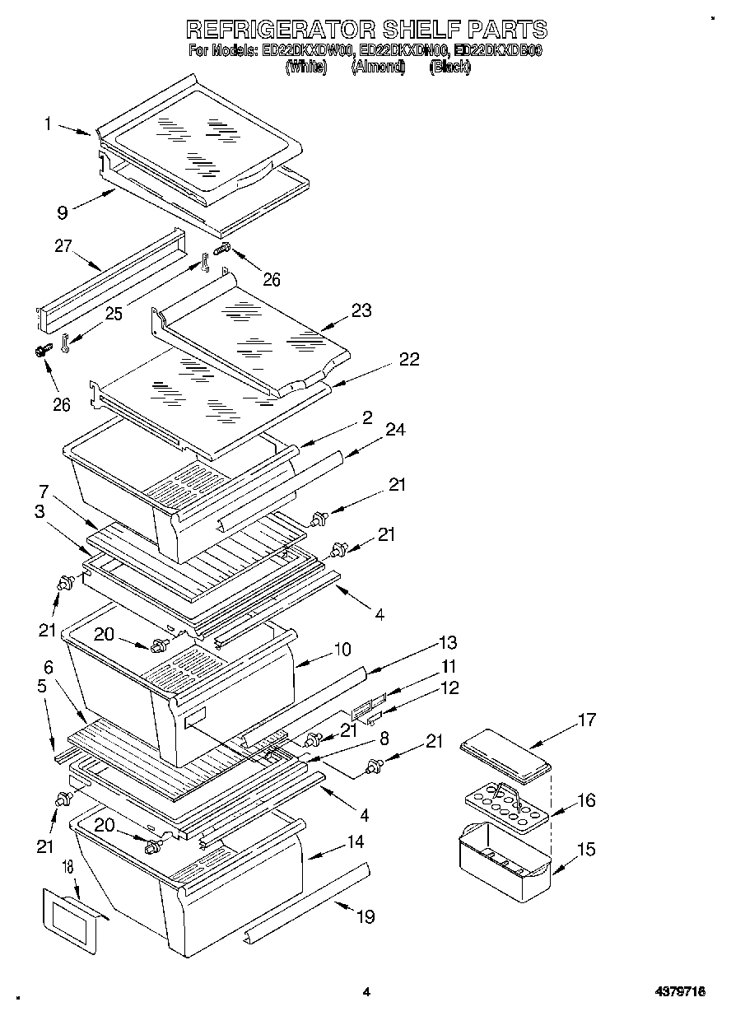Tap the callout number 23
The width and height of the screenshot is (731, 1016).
click(361, 310)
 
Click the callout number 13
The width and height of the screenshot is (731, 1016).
click(448, 642)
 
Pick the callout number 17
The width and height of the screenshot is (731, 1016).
click(585, 720)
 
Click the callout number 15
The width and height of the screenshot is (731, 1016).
click(584, 849)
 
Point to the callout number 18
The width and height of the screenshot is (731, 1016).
click(68, 868)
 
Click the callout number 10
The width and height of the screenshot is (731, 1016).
click(342, 650)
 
